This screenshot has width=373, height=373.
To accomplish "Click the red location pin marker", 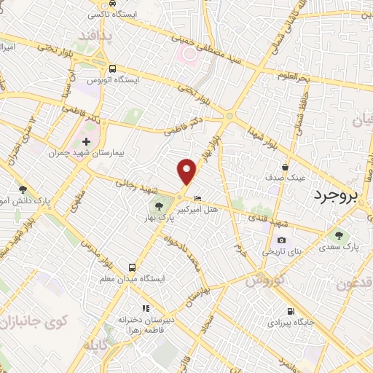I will click(x=187, y=171).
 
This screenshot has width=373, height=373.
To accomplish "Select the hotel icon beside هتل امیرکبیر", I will click(x=198, y=198).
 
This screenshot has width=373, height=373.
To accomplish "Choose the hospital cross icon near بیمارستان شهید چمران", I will click(x=87, y=141).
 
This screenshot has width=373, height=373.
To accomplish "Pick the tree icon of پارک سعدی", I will click(x=337, y=235).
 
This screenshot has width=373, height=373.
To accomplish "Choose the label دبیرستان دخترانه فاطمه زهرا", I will click(x=146, y=324).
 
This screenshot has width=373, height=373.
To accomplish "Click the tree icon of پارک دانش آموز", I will click(x=23, y=189).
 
